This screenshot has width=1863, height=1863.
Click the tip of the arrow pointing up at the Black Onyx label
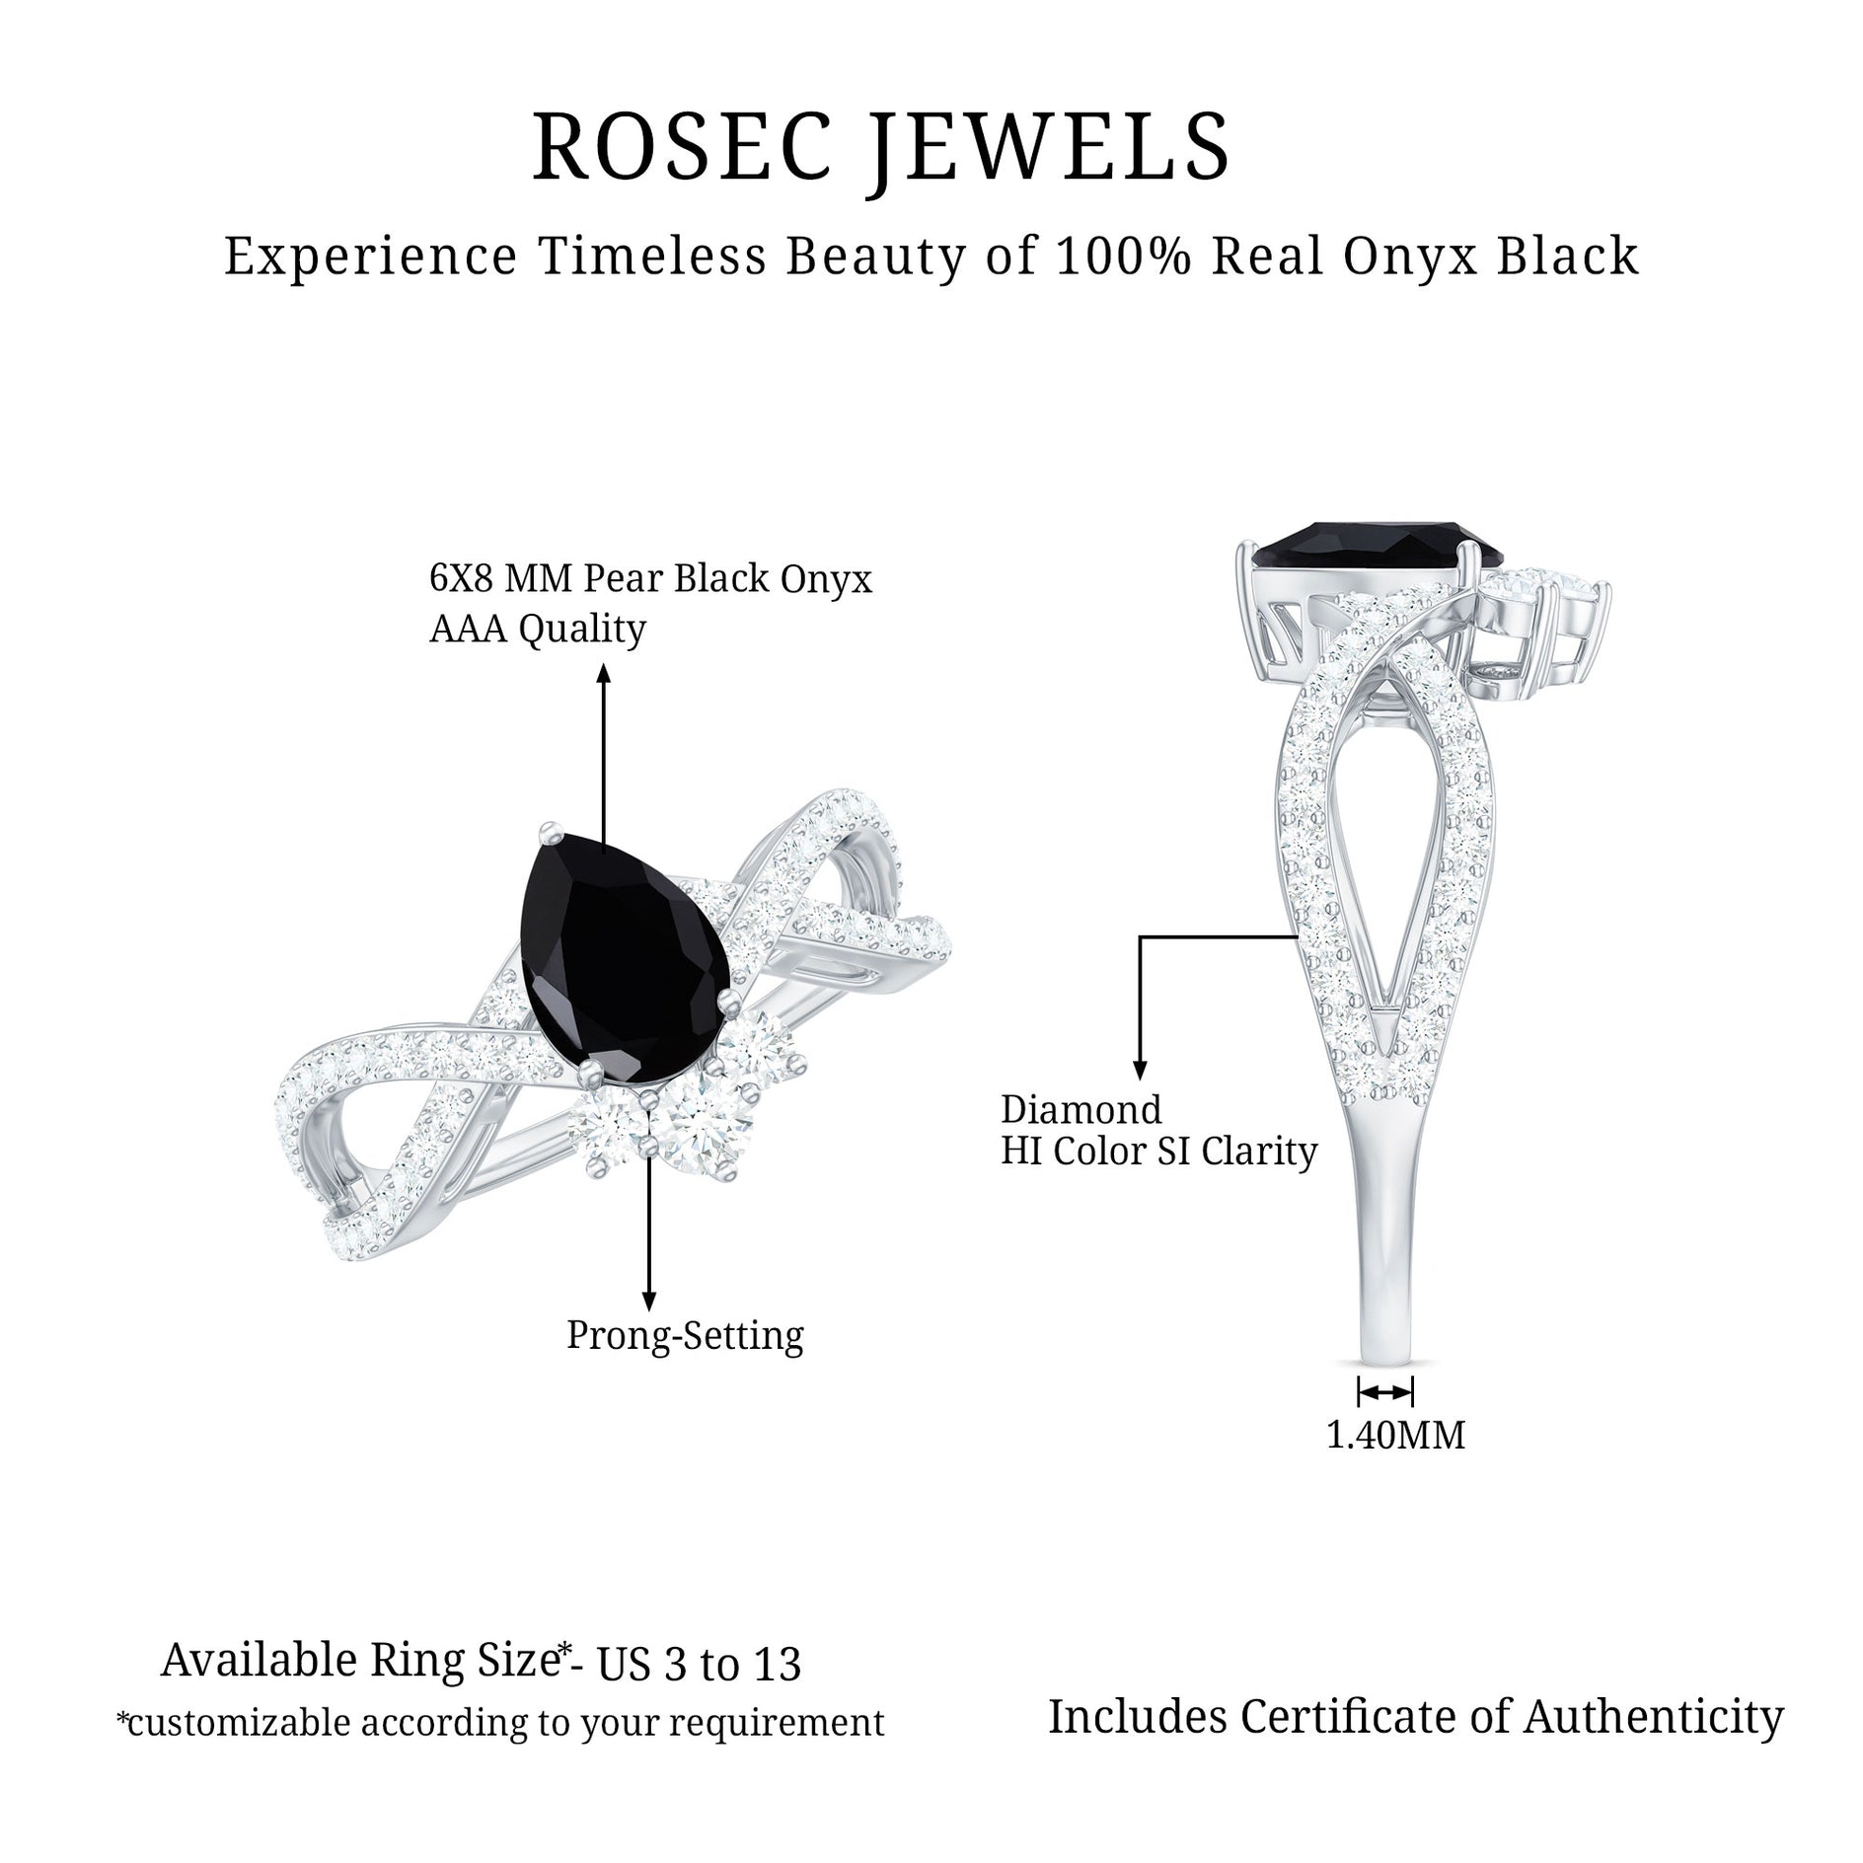pos(604,664)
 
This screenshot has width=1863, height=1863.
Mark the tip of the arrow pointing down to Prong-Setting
pos(648,1311)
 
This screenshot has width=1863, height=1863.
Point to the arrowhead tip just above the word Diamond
pos(1141,1080)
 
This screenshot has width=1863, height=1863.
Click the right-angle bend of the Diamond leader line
pos(1141,935)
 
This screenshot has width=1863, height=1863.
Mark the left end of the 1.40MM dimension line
pos(1360,1392)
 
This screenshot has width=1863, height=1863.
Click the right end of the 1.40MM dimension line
pos(1413,1392)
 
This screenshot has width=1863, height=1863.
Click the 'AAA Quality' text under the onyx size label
pos(538,629)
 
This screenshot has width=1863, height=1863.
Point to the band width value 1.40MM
pos(1395,1436)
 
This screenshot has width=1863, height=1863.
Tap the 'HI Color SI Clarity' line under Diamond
pos(1159,1152)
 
